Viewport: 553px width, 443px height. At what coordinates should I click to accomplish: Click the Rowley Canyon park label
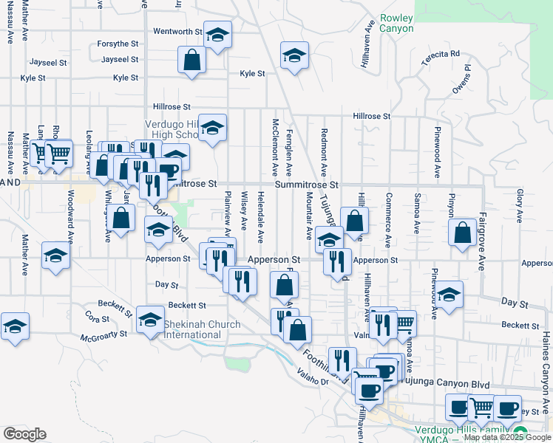[x=396, y=23]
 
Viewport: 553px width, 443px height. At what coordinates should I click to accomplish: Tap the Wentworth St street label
[x=177, y=32]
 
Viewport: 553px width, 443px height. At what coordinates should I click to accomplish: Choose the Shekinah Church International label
[x=202, y=329]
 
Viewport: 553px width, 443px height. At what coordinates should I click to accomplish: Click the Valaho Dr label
[x=314, y=381]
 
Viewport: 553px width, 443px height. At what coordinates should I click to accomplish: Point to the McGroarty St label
[x=104, y=334]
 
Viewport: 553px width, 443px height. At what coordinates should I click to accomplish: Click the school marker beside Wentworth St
[x=217, y=34]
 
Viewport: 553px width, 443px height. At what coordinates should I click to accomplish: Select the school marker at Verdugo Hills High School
[x=213, y=127]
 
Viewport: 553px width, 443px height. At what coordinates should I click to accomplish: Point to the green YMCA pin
[x=520, y=433]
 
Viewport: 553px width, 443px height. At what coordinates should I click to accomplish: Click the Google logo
[x=24, y=434]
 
